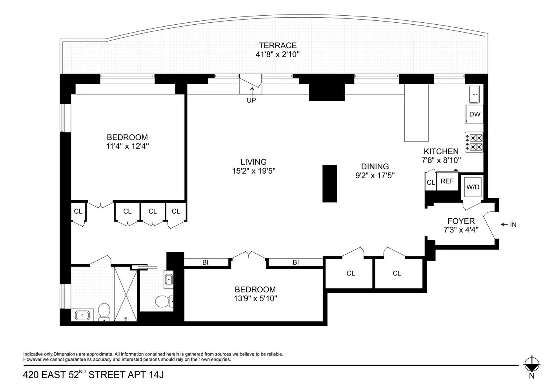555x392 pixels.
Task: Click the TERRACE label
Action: tap(277, 46)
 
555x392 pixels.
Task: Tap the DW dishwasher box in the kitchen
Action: tap(475, 114)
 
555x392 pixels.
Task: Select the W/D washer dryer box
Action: tap(473, 187)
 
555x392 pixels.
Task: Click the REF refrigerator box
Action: tap(447, 181)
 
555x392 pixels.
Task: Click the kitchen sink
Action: tap(475, 94)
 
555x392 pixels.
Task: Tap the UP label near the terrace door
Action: tap(251, 100)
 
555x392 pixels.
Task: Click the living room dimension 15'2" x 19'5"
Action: tap(254, 171)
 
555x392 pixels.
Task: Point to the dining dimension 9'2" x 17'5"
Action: tap(375, 176)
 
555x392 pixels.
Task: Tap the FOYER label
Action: tap(461, 221)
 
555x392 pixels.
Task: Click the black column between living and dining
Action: tap(329, 183)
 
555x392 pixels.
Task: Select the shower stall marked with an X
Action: tap(126, 294)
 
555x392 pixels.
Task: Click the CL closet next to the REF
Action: tap(431, 182)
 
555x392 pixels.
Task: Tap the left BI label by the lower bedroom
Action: tap(205, 263)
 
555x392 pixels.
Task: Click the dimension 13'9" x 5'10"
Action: tap(255, 298)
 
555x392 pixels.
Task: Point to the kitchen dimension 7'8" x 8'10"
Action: tap(441, 160)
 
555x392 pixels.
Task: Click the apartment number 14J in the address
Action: tap(156, 375)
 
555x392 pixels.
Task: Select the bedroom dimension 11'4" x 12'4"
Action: tap(127, 146)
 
